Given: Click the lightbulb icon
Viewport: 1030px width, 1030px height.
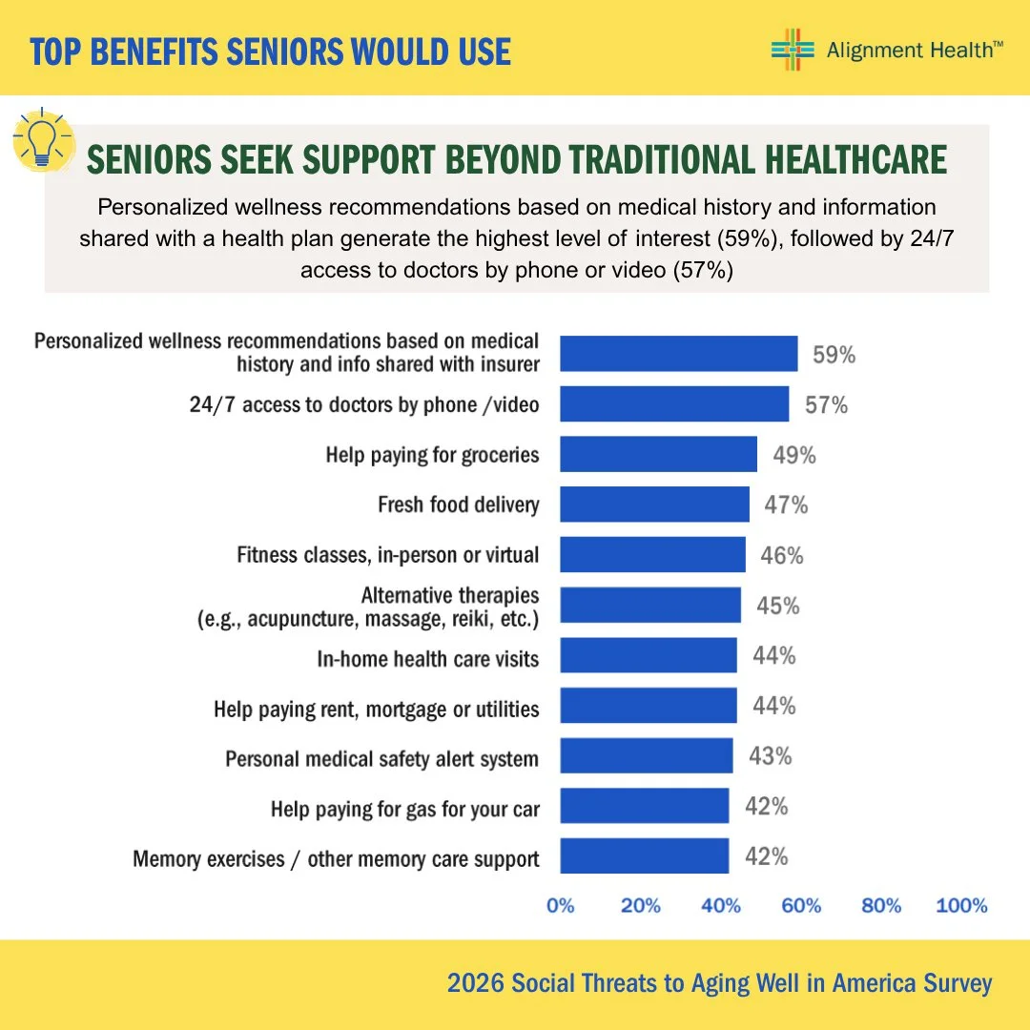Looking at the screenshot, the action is pyautogui.click(x=43, y=139).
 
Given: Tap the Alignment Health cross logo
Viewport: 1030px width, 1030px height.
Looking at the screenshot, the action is pyautogui.click(x=793, y=50).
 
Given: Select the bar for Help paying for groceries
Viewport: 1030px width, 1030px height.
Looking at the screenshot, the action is pyautogui.click(x=658, y=454).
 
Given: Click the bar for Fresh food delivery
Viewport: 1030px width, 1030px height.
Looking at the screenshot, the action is pyautogui.click(x=654, y=504).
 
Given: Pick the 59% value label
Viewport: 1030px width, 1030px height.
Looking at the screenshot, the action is pyautogui.click(x=834, y=355).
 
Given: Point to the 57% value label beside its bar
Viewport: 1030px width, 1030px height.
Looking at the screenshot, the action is pyautogui.click(x=826, y=404).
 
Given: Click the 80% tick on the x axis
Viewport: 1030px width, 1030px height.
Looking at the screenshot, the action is pyautogui.click(x=881, y=906).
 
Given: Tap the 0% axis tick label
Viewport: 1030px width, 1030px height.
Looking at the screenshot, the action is pyautogui.click(x=561, y=906).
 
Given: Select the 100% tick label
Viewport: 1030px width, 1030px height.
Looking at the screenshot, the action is pyautogui.click(x=961, y=906).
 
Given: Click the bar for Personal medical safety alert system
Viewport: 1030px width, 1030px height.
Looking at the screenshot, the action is pyautogui.click(x=647, y=755).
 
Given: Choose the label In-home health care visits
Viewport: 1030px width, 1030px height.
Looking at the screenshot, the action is pyautogui.click(x=427, y=659).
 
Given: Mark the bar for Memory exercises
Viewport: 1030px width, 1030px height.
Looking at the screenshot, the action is pyautogui.click(x=645, y=855).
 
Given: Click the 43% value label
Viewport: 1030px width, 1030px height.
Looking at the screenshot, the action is pyautogui.click(x=770, y=756).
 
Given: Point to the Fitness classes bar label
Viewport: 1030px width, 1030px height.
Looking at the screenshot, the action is pyautogui.click(x=387, y=555).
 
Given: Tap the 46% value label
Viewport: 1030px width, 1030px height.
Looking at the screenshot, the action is pyautogui.click(x=782, y=556).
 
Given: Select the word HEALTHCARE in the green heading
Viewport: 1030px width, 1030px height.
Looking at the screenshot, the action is pyautogui.click(x=855, y=159).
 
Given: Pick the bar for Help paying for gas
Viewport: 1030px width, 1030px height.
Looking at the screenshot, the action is pyautogui.click(x=645, y=805).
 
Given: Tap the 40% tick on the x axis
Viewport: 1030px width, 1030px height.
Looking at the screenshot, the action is pyautogui.click(x=721, y=906).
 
